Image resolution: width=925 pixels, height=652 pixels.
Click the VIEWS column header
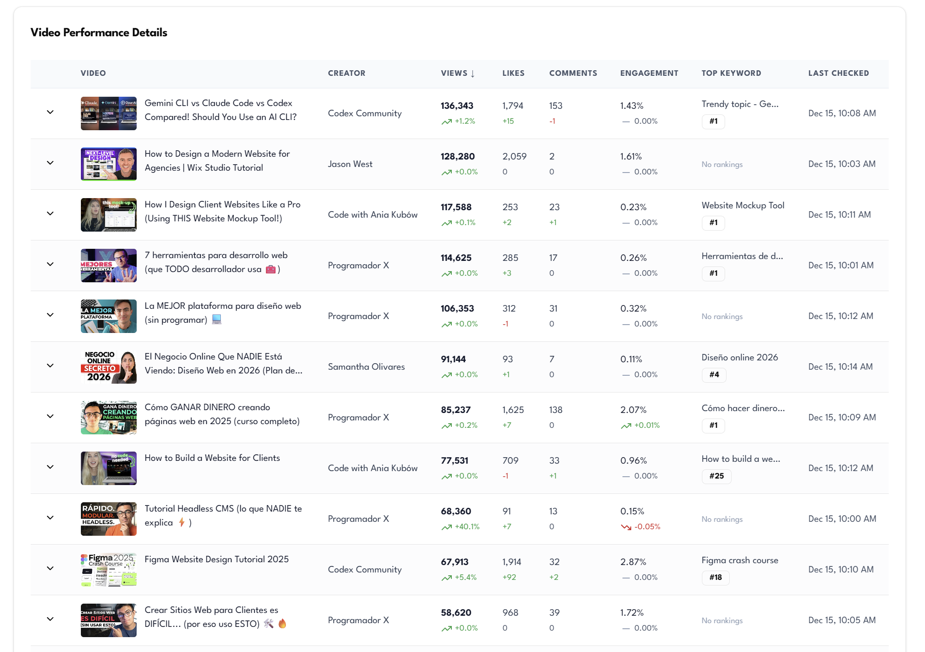pos(457,73)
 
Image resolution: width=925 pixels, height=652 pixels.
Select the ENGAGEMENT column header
pos(649,73)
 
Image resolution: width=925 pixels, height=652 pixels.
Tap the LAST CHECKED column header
pos(838,73)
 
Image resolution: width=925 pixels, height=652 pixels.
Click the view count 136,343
pos(457,106)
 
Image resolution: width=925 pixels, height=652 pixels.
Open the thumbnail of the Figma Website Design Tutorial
pos(109,570)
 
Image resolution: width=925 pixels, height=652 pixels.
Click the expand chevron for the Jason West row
pos(50,163)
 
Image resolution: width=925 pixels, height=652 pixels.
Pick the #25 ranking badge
pos(716,476)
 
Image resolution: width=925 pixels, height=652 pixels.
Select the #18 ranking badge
pos(715,578)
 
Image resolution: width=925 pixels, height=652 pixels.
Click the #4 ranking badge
pos(714,375)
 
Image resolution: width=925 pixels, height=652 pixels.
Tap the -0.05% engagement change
pos(647,527)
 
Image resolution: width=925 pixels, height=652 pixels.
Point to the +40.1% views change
pos(467,527)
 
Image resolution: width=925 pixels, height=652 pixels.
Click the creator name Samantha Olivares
pos(366,367)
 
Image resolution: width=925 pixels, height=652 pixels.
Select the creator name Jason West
pos(350,164)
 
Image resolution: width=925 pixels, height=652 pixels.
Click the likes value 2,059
pos(514,157)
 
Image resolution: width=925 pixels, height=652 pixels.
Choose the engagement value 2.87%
pos(633,562)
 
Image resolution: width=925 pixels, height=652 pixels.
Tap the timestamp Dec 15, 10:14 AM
pos(840,367)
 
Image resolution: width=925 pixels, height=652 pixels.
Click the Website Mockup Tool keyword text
pos(743,206)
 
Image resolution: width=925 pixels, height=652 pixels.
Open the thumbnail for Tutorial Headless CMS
pos(109,519)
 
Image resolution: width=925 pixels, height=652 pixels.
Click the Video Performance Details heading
pos(99,33)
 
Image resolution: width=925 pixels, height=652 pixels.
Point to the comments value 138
pos(555,410)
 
